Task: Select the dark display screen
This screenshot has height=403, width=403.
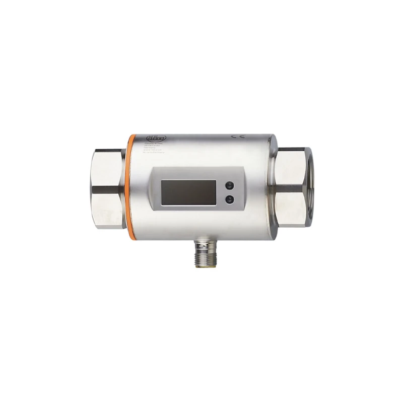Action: coord(188,191)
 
